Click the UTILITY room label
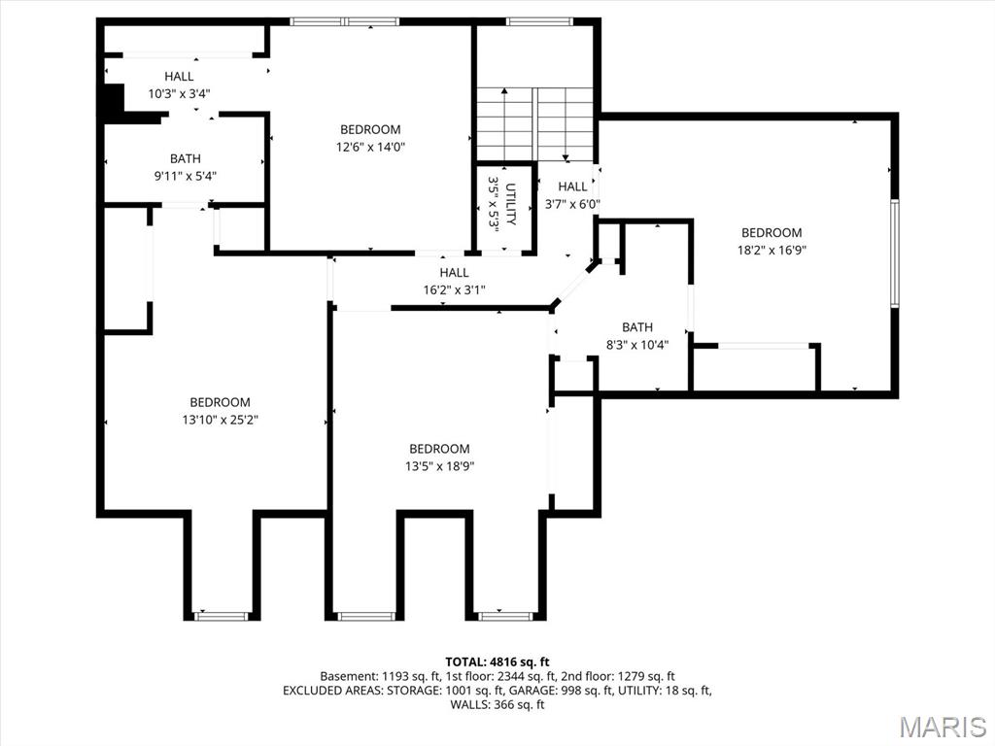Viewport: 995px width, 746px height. click(x=511, y=204)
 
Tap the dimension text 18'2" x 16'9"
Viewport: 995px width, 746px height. click(x=772, y=250)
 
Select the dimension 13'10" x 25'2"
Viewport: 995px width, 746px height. click(x=221, y=420)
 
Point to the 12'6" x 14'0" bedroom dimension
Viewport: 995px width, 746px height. click(x=370, y=148)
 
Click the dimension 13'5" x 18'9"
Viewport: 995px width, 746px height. click(x=440, y=466)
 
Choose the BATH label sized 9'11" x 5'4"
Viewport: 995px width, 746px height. click(x=186, y=158)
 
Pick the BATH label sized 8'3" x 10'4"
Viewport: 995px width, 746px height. click(x=637, y=327)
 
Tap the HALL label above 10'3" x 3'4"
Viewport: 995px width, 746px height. click(x=179, y=77)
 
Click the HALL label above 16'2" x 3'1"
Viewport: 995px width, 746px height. click(x=455, y=273)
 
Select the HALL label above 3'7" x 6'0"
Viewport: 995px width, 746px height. click(x=572, y=186)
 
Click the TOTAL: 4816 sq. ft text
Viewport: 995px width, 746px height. click(x=497, y=662)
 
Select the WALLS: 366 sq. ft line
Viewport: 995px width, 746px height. click(x=497, y=704)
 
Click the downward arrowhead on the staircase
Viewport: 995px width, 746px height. click(x=566, y=157)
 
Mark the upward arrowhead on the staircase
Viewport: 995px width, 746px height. click(x=504, y=91)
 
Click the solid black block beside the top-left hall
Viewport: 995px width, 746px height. click(x=114, y=100)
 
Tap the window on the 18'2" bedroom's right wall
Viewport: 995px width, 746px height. click(x=895, y=254)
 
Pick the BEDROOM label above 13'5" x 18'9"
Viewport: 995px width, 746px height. click(x=440, y=449)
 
